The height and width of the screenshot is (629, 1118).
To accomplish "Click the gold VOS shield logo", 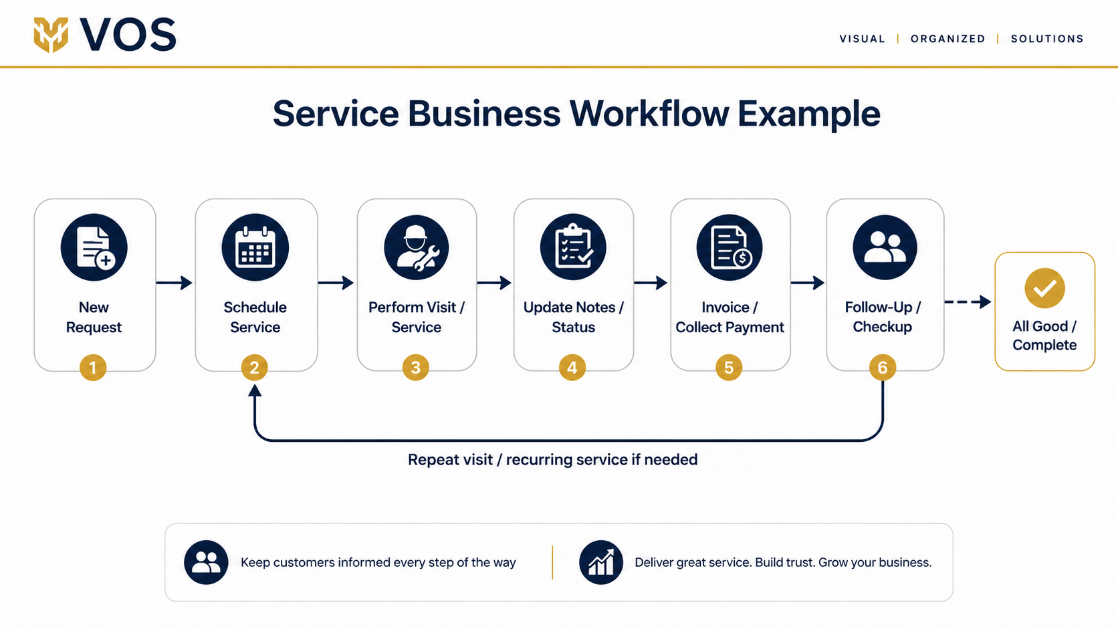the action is click(51, 35).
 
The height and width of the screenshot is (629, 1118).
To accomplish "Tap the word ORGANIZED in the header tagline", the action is click(947, 39).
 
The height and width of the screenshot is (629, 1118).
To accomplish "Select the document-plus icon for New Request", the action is click(94, 247).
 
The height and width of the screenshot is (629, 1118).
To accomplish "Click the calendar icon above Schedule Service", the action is click(255, 247).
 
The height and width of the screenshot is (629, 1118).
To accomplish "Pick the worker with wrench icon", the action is click(417, 247).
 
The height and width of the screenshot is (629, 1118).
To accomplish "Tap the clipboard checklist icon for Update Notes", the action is click(573, 247).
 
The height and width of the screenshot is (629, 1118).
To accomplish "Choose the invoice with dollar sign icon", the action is click(730, 247).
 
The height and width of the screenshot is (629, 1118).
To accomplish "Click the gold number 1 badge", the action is click(93, 368).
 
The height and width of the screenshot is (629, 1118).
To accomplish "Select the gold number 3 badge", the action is click(416, 368).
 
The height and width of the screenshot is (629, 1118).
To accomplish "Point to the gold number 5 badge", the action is click(729, 368).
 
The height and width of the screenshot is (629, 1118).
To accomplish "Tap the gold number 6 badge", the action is click(883, 368).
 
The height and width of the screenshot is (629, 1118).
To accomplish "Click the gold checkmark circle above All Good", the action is click(1044, 288).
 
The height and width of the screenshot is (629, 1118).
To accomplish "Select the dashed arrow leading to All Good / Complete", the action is click(968, 301).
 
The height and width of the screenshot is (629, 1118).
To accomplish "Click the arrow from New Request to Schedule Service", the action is click(175, 283).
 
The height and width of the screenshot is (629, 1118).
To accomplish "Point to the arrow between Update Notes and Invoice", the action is click(651, 283).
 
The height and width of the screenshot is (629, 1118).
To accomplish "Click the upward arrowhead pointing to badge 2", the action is click(255, 390).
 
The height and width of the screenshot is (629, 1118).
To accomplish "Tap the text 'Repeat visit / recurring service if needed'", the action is click(552, 459).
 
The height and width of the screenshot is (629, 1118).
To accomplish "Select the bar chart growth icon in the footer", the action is click(601, 562).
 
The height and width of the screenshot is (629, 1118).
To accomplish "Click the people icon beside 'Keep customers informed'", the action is click(206, 562).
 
